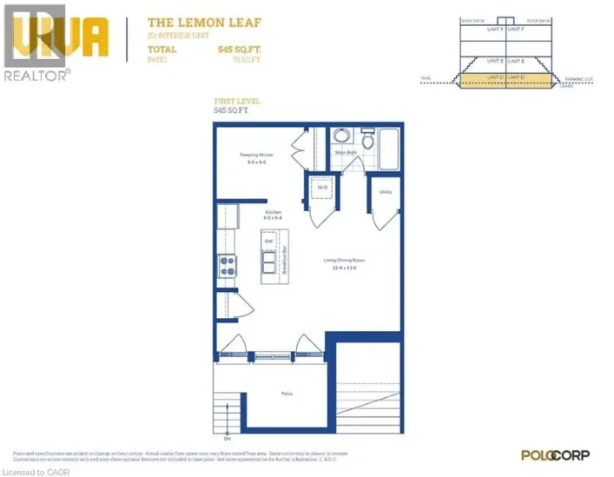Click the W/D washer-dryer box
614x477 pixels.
[321, 188]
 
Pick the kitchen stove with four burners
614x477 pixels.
[228, 265]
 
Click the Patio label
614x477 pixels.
[286, 394]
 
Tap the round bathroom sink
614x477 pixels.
[341, 137]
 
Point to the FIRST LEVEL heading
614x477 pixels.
[236, 103]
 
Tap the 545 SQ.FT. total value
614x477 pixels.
[236, 50]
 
